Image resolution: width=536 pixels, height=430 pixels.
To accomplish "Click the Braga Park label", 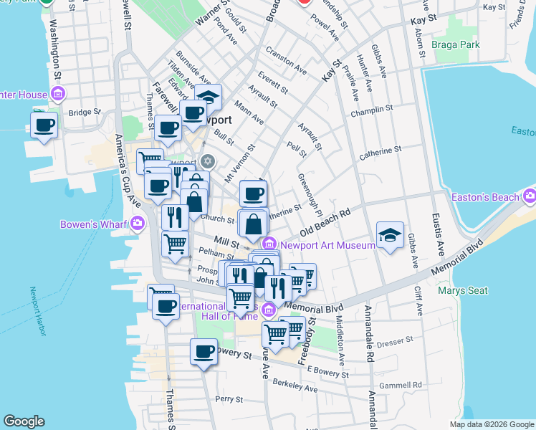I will pos(455,44).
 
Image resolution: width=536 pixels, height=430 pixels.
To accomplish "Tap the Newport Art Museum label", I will pos(327,244).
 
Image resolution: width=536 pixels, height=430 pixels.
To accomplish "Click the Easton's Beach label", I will pos(484,197).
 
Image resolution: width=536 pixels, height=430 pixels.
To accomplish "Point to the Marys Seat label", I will pos(463,290).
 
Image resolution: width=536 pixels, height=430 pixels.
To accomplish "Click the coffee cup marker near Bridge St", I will pos(44,125).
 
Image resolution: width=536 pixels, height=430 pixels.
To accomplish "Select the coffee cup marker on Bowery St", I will pos(204,352).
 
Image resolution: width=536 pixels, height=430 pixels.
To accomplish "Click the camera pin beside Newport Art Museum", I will pos(269,244).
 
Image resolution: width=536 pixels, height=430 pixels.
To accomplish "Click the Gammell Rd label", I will pos(401,386).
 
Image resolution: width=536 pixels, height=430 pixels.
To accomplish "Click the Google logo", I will pos(24,421).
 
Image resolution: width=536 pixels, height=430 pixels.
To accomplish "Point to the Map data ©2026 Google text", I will pos(491,424).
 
